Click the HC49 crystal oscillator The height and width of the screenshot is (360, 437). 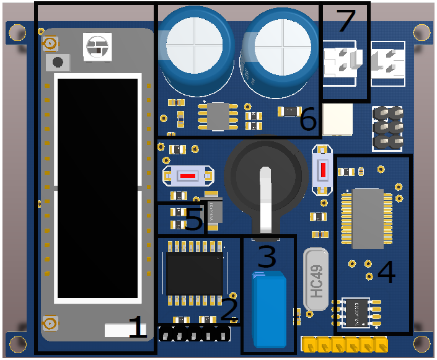pos(316,279)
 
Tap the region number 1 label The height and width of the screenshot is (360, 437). pos(138,326)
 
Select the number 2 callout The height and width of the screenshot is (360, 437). pos(229,309)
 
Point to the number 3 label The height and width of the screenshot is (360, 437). pos(267,256)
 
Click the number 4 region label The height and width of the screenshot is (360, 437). pos(386,272)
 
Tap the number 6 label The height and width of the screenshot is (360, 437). pos(308,120)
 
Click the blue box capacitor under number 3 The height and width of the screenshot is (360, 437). pos(269,308)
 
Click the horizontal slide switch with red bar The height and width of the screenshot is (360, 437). pos(189,177)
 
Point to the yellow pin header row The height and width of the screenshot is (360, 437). pos(344,343)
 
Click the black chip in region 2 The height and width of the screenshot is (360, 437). pos(194,274)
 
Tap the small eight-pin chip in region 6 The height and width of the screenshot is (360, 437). pos(218,116)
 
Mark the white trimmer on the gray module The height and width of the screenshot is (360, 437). pos(97,46)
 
